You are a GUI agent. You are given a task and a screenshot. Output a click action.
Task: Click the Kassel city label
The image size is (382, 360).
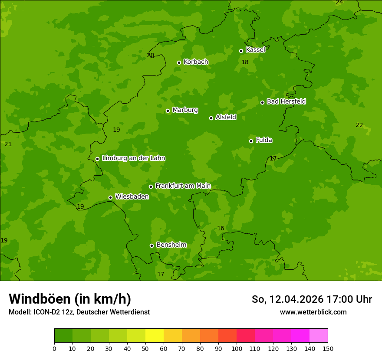(255, 50)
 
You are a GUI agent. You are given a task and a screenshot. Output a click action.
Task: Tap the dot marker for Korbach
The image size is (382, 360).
(179, 62)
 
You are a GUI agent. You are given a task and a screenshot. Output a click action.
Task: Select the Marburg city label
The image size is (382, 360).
(185, 110)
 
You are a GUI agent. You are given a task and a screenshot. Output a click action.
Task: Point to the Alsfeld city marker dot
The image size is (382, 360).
(211, 118)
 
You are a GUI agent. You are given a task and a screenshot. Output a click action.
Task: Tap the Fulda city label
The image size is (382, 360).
(264, 140)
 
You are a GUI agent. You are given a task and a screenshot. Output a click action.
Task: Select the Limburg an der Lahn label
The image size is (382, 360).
(133, 158)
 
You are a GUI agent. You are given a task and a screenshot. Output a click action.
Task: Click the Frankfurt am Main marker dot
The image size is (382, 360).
(151, 187)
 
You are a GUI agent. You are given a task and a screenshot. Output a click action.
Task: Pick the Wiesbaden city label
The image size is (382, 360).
(132, 197)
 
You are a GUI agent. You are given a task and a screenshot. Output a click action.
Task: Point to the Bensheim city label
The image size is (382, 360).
(171, 245)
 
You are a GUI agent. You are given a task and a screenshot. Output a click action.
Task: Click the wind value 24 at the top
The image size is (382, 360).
(339, 3)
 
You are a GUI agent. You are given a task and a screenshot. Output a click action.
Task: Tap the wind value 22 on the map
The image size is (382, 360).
(359, 125)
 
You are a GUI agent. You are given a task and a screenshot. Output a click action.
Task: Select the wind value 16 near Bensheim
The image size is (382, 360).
(221, 229)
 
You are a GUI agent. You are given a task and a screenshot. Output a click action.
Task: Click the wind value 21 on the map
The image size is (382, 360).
(8, 144)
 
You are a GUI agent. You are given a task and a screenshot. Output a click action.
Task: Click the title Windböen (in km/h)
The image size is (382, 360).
(70, 299)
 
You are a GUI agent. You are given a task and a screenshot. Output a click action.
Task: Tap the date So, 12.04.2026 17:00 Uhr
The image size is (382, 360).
(312, 299)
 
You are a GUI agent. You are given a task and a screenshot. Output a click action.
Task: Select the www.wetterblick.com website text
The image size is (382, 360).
(313, 312)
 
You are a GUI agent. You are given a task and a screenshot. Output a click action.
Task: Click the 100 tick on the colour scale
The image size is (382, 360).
(237, 348)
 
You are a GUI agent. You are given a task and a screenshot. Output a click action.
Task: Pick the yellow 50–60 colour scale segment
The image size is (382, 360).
(155, 336)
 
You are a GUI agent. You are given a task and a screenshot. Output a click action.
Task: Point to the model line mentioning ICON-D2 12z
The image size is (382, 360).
(79, 312)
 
